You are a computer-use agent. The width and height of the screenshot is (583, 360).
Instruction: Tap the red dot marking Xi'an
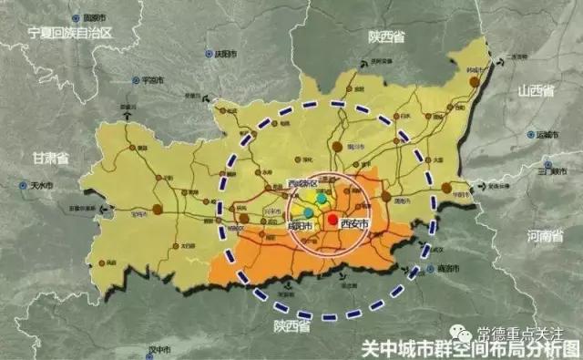point(332,220)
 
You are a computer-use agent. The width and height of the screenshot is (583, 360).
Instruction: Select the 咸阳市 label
point(299,226)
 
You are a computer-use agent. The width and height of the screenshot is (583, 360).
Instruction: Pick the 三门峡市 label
point(551,170)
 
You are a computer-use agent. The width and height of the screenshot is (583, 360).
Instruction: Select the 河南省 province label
point(544,236)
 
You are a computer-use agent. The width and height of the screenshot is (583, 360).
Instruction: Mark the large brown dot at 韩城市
point(474,83)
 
